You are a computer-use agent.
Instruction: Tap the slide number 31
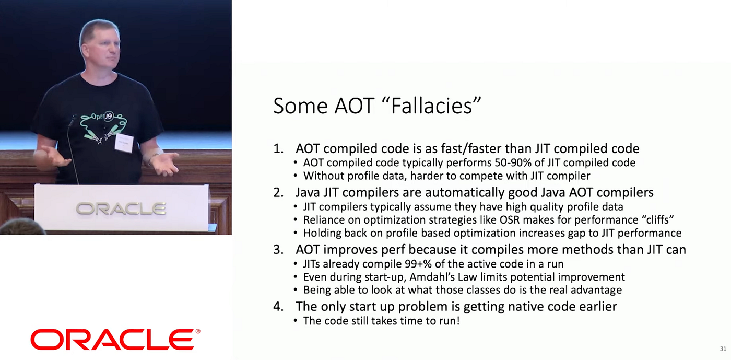(x=723, y=349)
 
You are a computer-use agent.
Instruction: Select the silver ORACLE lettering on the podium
(x=121, y=208)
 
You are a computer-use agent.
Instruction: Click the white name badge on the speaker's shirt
(x=124, y=143)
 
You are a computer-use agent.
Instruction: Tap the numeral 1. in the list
(x=279, y=149)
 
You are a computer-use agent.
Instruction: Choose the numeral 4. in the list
(x=279, y=307)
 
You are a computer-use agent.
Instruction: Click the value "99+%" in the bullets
(x=418, y=264)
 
